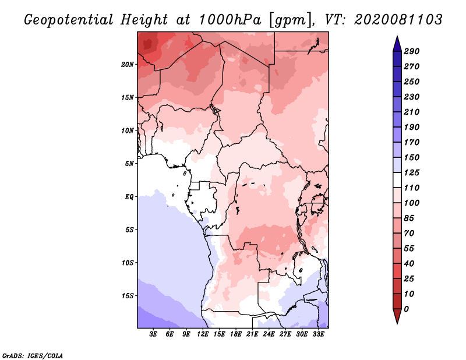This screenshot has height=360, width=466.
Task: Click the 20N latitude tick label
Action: (128, 65)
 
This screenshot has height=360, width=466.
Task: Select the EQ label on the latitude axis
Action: (129, 197)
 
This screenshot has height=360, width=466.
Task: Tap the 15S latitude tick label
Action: (128, 296)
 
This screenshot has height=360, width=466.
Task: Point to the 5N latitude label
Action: (129, 164)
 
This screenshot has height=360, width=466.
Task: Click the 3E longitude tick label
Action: (153, 334)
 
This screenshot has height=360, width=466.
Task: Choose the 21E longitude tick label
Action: (252, 334)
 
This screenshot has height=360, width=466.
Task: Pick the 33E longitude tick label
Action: (318, 334)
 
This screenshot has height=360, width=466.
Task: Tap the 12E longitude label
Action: (203, 334)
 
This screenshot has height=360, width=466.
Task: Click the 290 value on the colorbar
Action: (412, 51)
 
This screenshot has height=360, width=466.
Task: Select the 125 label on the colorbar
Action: (412, 172)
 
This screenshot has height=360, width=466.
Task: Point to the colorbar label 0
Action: (407, 309)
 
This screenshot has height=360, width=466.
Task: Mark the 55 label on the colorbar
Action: (409, 249)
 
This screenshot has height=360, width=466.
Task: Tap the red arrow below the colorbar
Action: (397, 316)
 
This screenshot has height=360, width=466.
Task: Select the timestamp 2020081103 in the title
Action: (398, 20)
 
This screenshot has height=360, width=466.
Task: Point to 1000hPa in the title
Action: (230, 20)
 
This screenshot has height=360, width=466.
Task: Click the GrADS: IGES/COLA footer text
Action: (33, 356)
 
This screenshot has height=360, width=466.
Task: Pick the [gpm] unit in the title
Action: (292, 20)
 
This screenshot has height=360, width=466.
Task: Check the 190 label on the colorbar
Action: (412, 127)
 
